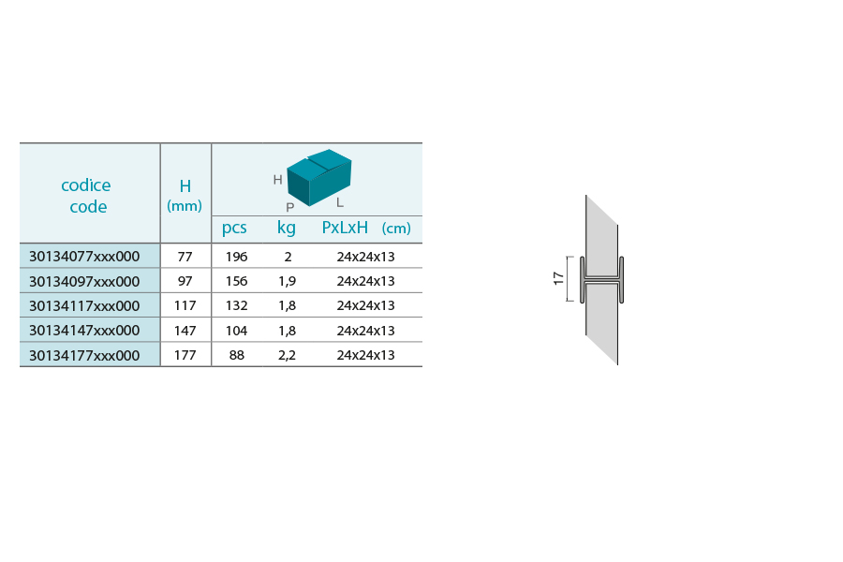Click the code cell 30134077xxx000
84,257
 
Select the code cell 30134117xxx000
84,305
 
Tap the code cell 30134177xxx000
84,356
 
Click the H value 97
185,281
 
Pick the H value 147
185,331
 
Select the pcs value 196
237,257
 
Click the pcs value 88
237,355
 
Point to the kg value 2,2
288,356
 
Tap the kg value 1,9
288,281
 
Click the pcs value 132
237,305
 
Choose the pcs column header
234,228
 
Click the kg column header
287,228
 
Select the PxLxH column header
345,228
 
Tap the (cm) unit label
396,228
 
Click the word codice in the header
86,185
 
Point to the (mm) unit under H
185,205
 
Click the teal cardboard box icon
319,177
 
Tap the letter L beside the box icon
340,202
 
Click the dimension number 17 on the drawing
558,278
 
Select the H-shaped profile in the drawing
601,280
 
